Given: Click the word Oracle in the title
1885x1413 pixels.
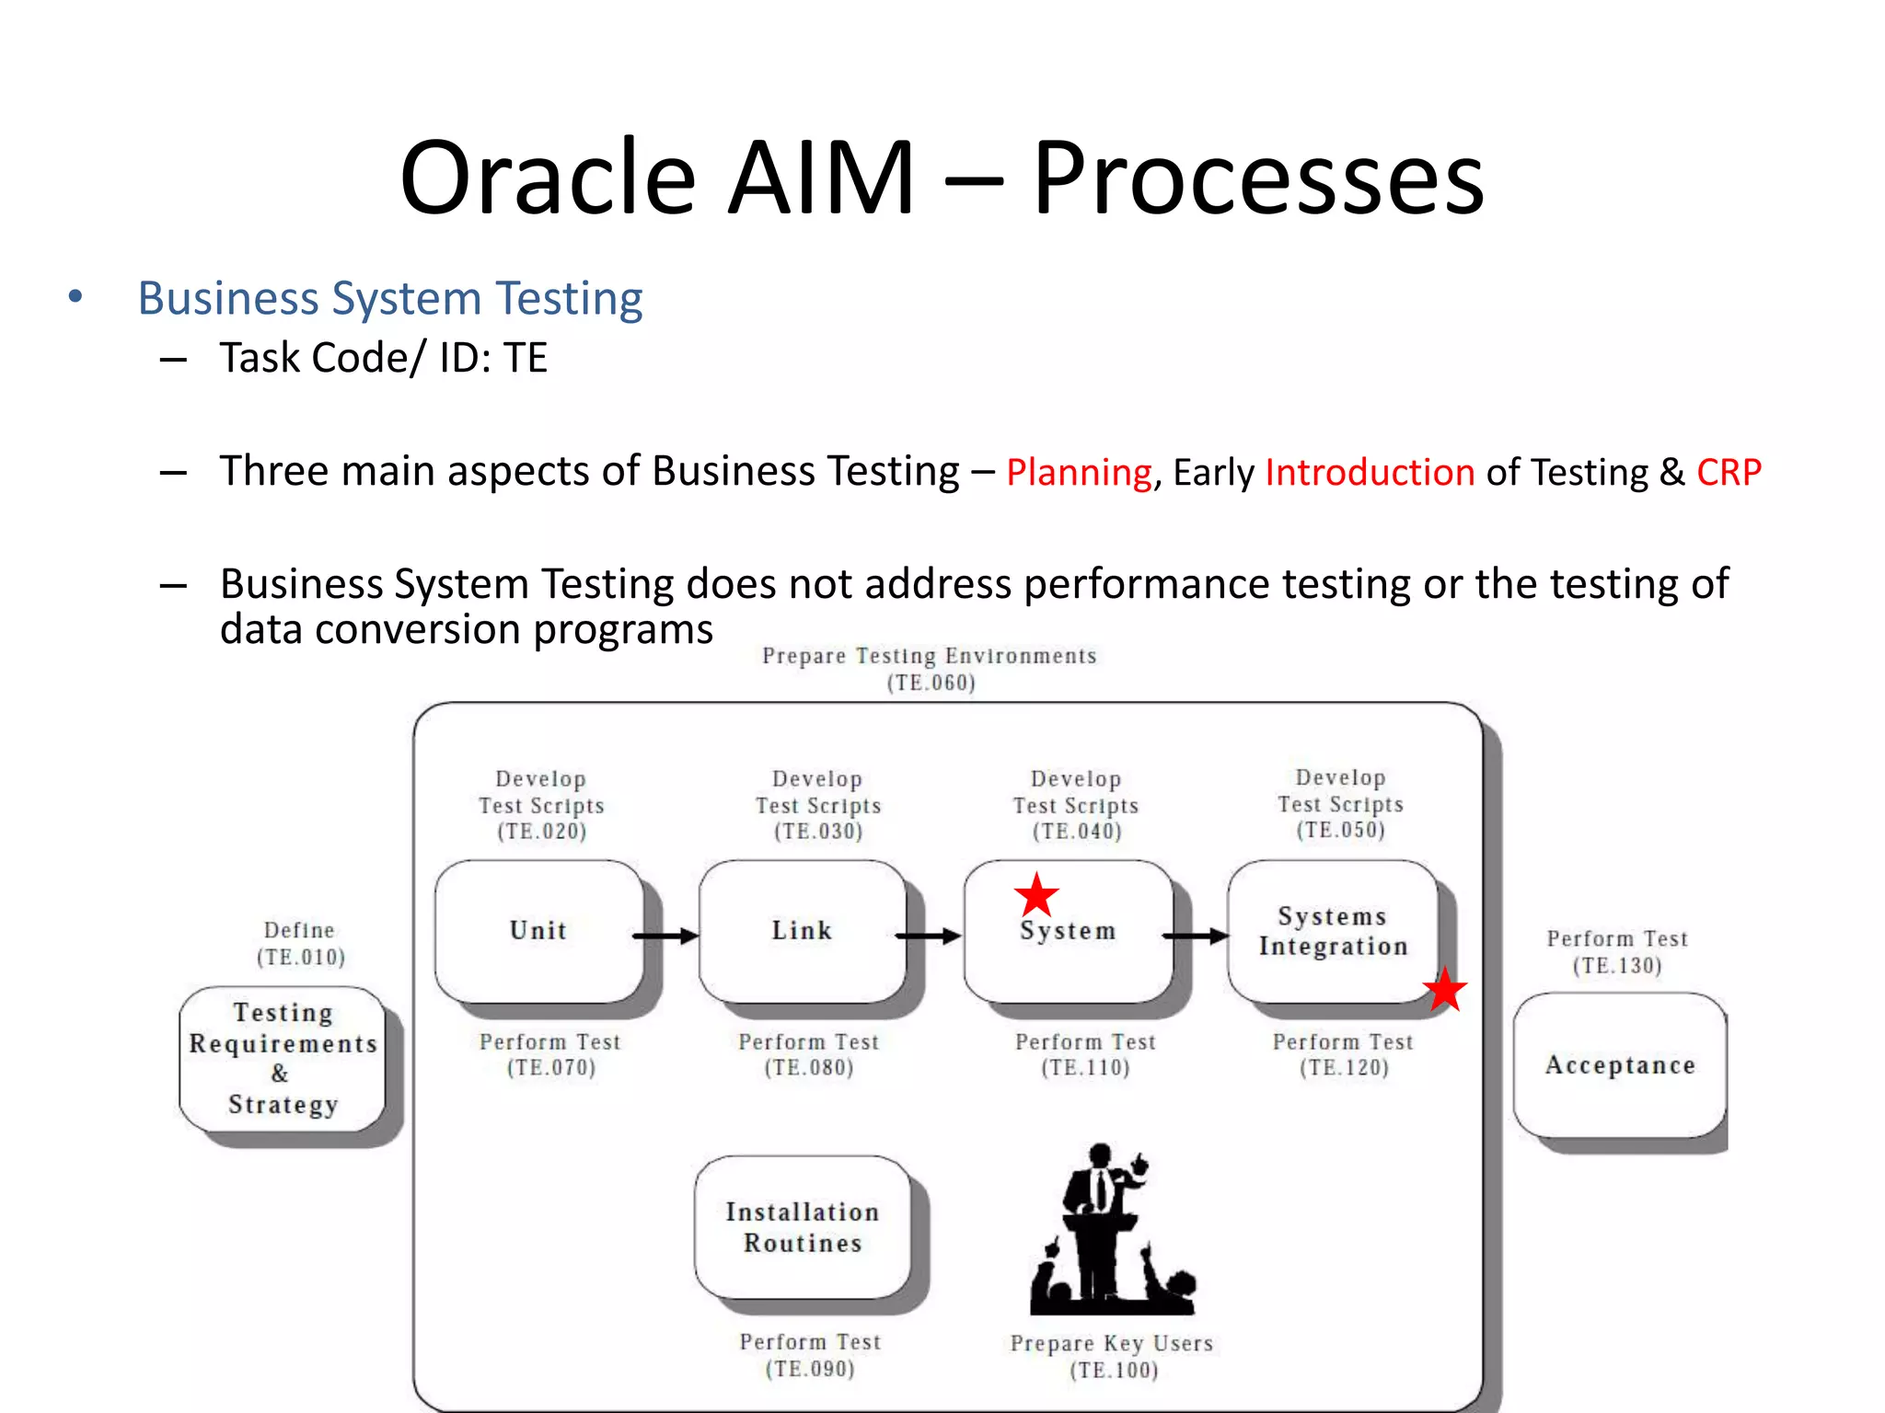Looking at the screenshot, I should [x=548, y=178].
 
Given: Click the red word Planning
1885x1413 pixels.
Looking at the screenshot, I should [x=1078, y=473].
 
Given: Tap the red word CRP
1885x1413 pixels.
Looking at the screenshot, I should [x=1728, y=472].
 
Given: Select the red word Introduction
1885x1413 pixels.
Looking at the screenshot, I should [x=1370, y=472].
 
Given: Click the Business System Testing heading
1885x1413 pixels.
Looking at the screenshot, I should [x=389, y=298].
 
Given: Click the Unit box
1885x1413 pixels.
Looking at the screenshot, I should [x=538, y=931].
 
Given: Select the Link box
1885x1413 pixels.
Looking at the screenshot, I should [x=802, y=931].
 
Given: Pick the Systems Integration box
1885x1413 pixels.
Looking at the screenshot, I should [x=1332, y=931].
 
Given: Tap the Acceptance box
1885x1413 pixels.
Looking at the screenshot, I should [x=1619, y=1064].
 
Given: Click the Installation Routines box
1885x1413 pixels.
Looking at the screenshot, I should [x=802, y=1227].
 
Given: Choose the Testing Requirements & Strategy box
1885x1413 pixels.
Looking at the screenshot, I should [x=283, y=1058].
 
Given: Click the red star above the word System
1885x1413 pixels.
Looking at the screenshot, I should [x=1036, y=894].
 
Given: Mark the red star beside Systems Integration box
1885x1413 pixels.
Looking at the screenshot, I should [x=1444, y=990].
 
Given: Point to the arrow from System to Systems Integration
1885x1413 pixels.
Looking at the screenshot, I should [x=1196, y=936].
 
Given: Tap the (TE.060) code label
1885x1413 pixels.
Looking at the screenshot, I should [x=931, y=683].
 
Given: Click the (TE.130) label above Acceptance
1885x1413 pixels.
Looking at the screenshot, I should [x=1617, y=965].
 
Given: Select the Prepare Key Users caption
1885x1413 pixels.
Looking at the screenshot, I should [x=1111, y=1343].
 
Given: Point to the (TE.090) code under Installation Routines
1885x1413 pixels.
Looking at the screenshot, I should [x=810, y=1369].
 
